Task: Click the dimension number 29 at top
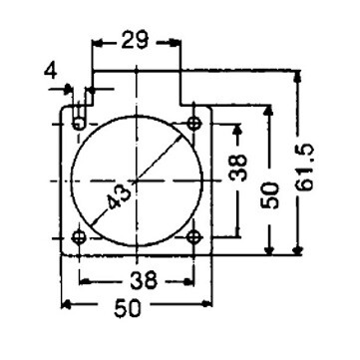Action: pyautogui.click(x=135, y=40)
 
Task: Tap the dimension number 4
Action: pyautogui.click(x=51, y=71)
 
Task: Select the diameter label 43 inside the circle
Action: pyautogui.click(x=119, y=196)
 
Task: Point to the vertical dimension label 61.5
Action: pyautogui.click(x=305, y=167)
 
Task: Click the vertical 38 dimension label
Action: pyautogui.click(x=239, y=168)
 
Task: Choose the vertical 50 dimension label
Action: pyautogui.click(x=269, y=195)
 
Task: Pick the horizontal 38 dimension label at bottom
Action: pyautogui.click(x=144, y=280)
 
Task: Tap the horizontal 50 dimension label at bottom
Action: pyautogui.click(x=128, y=308)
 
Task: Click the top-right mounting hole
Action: pyautogui.click(x=193, y=124)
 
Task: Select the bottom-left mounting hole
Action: pyautogui.click(x=79, y=237)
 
